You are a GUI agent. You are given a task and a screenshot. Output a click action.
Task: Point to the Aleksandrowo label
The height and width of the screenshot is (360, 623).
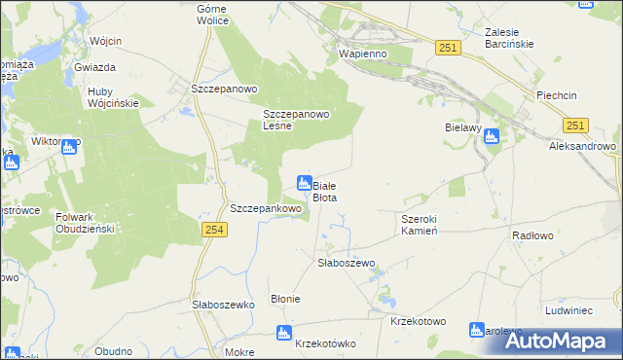(x=583, y=145)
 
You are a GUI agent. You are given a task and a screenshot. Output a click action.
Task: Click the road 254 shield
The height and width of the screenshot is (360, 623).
(x=215, y=229)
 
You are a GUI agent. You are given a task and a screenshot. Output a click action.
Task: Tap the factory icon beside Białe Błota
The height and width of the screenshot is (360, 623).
(x=304, y=183)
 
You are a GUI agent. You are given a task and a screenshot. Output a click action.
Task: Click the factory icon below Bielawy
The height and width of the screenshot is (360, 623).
(x=491, y=138)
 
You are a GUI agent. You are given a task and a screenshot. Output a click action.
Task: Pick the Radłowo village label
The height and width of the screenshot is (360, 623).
(x=532, y=234)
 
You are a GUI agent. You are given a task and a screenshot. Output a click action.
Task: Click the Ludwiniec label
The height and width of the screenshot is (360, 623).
(x=569, y=310)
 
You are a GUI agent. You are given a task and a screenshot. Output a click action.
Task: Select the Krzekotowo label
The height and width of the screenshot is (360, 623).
(x=417, y=320)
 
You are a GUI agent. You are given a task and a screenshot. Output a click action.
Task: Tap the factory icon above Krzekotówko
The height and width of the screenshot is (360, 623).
(x=284, y=334)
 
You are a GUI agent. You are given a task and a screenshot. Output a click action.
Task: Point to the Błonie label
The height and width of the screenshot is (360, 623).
(x=285, y=299)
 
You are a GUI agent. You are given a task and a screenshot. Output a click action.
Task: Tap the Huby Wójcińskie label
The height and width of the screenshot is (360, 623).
(x=113, y=97)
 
